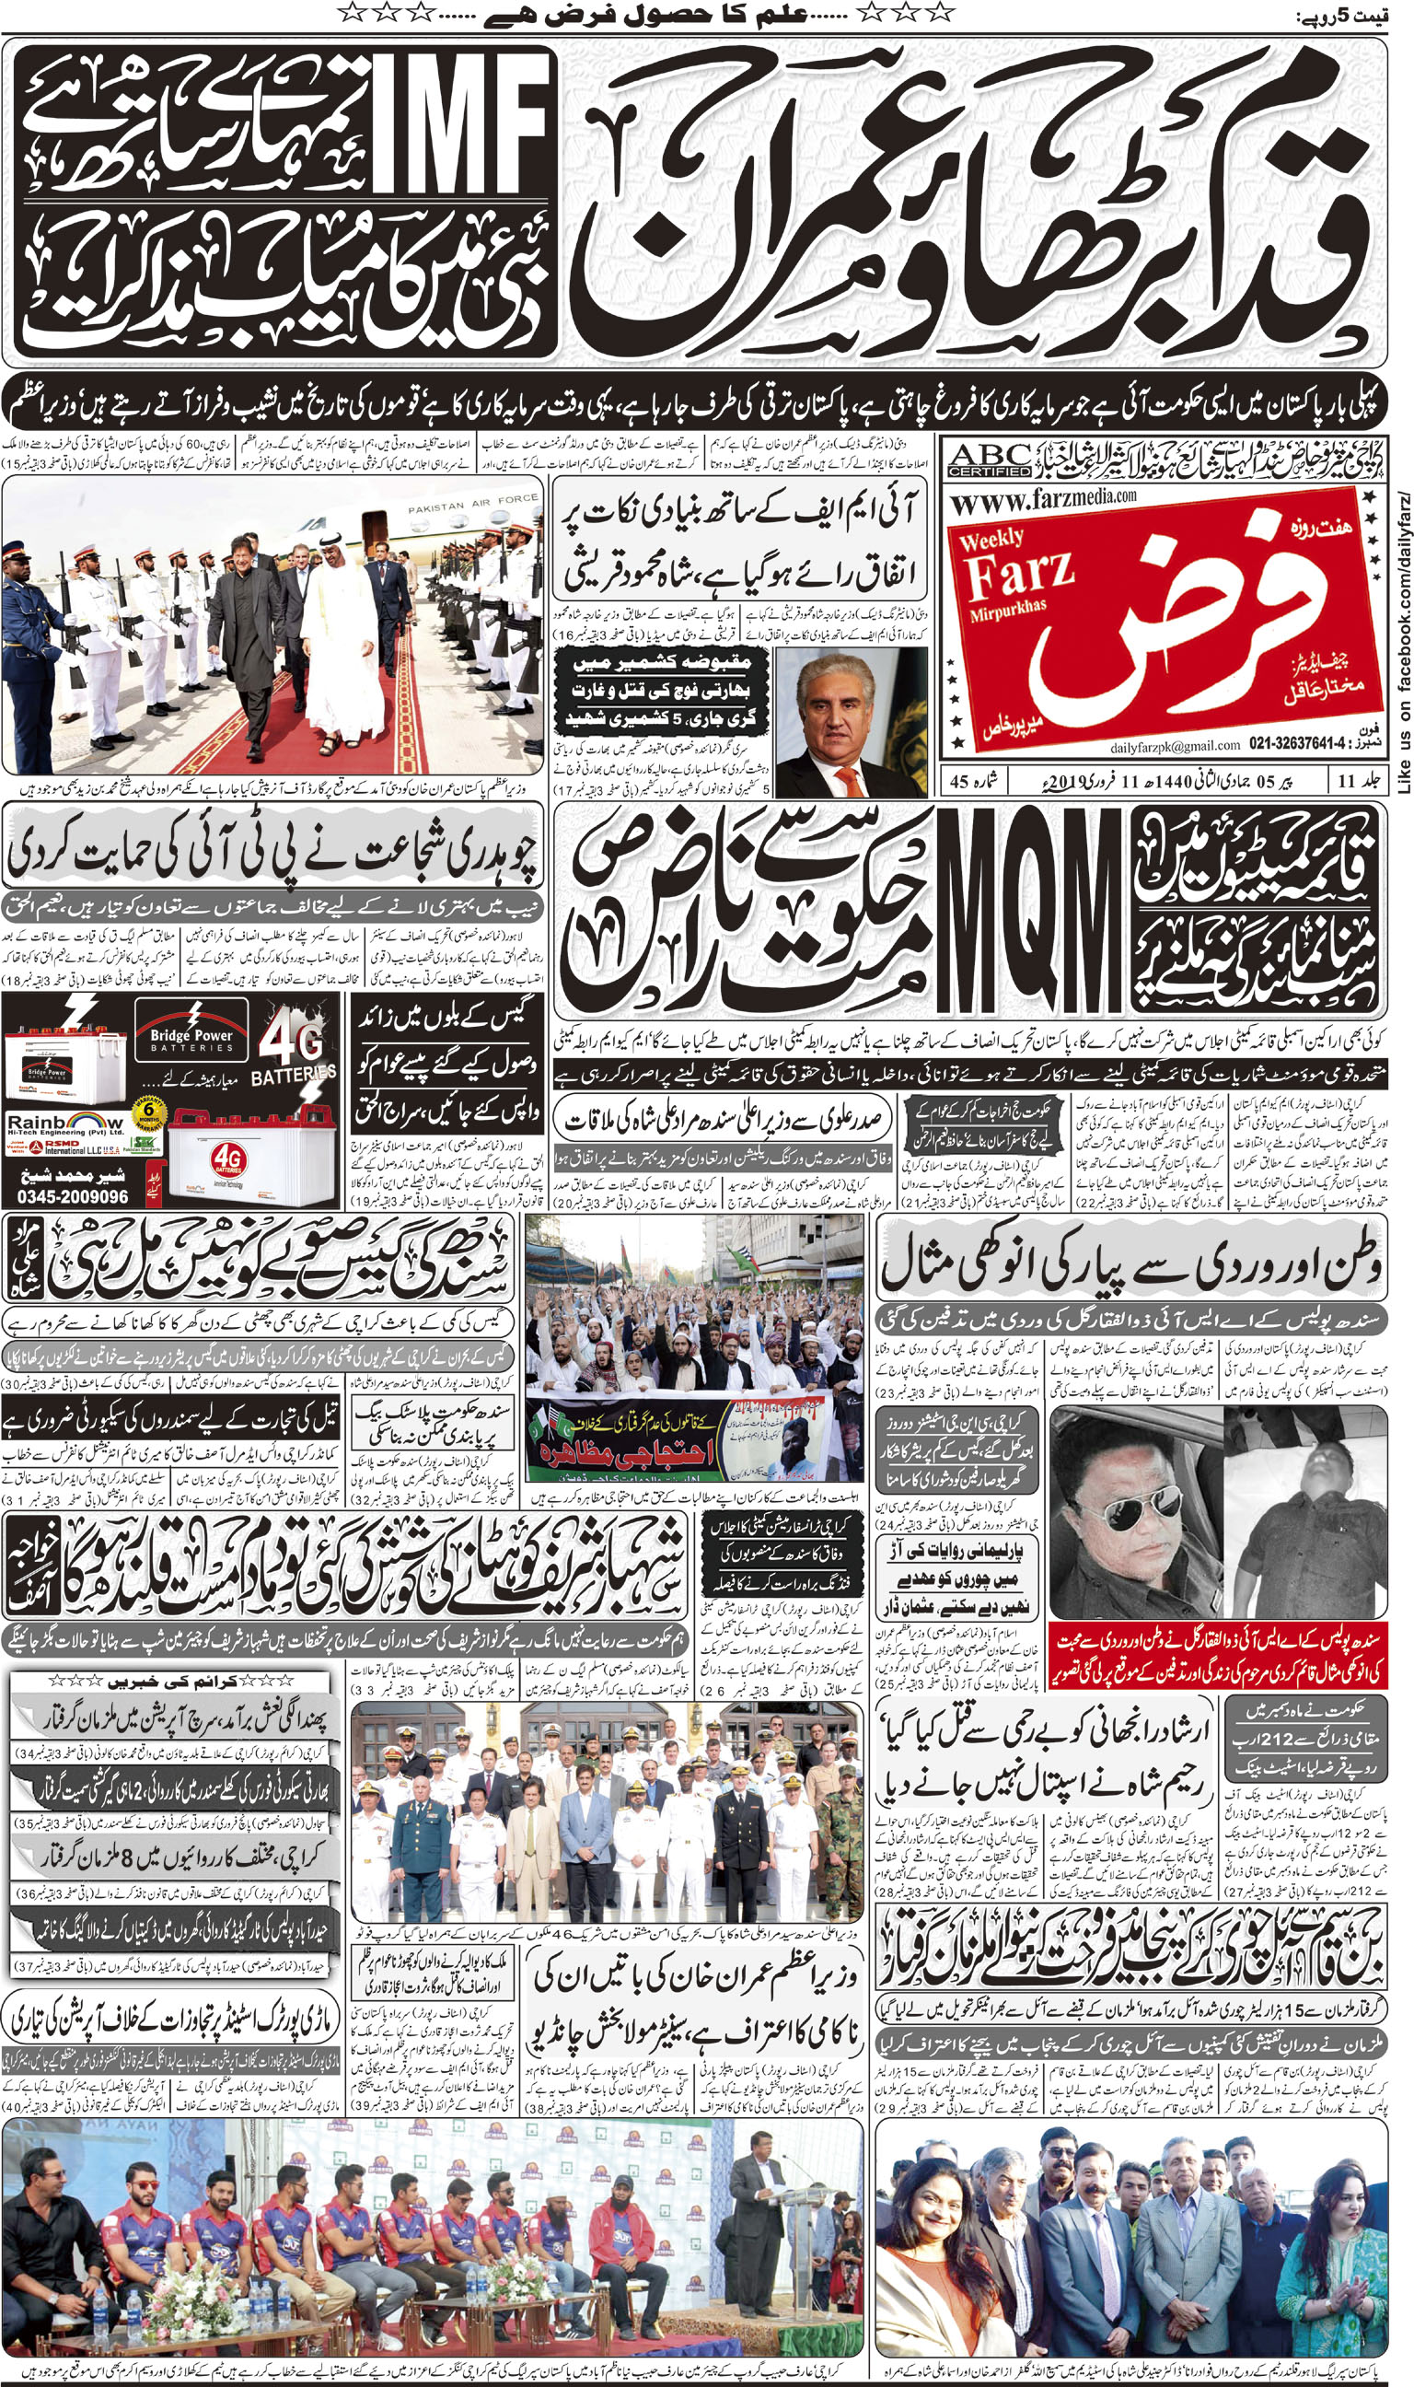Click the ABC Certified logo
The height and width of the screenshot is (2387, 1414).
(989, 460)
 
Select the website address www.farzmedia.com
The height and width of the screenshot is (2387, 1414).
(1042, 498)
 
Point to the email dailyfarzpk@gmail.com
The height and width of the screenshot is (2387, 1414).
(1174, 745)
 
